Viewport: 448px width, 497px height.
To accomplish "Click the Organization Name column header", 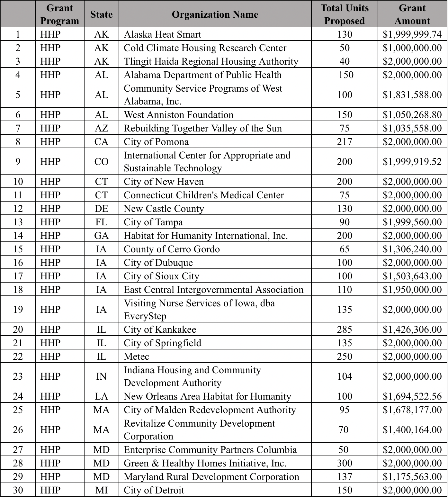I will tap(215, 14).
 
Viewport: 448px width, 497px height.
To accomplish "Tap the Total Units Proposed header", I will tap(344, 14).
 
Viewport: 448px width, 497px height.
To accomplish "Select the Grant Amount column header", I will tap(412, 14).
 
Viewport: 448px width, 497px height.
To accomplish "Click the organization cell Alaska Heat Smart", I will tap(163, 34).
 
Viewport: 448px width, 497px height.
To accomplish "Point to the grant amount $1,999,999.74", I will tap(412, 34).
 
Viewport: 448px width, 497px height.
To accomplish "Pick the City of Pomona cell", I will tap(156, 142).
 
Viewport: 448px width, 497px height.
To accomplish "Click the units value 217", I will tap(344, 142).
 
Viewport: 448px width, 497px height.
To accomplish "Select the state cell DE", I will tap(101, 209).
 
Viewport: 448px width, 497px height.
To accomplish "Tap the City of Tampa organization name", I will tap(153, 222).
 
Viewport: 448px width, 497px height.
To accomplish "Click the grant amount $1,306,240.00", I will tap(412, 249).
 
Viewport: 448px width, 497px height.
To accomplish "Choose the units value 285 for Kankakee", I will tap(344, 330).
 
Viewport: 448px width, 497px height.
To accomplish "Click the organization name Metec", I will tap(137, 357).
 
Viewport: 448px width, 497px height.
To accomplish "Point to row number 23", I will tap(18, 376).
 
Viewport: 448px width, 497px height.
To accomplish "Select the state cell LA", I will tap(101, 396).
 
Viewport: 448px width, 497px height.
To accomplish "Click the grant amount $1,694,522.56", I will tap(412, 396).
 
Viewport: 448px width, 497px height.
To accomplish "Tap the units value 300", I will tap(344, 463).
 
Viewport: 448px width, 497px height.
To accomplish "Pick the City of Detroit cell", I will tap(154, 490).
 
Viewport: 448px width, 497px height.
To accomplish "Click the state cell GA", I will tap(101, 236).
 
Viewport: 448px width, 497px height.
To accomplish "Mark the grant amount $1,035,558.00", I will tap(412, 128).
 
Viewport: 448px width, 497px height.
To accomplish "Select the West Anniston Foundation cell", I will tap(179, 115).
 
